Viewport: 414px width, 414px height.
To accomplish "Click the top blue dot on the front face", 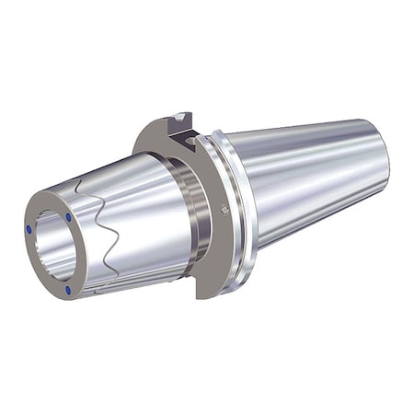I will click(69, 217).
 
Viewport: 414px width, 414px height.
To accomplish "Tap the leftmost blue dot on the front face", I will click(29, 228).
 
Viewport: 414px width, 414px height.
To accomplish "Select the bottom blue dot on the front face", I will click(68, 290).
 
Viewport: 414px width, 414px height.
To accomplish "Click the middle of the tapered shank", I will click(304, 184).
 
